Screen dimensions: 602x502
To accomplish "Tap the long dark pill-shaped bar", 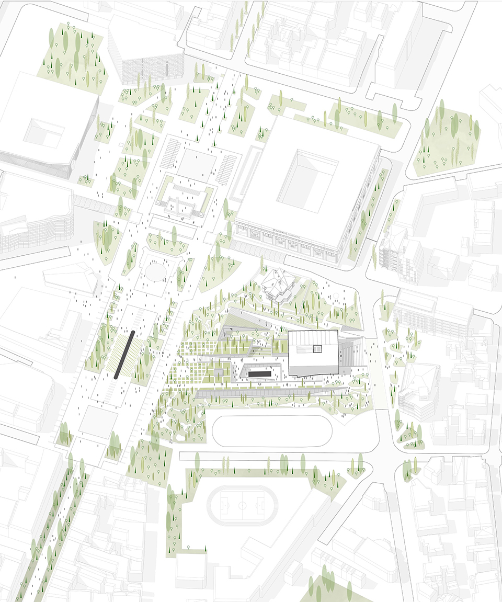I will tap(125, 355).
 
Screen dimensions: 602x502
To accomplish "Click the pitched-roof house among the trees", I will tap(278, 286).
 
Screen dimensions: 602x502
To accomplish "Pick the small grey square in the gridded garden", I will tap(218, 372).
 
